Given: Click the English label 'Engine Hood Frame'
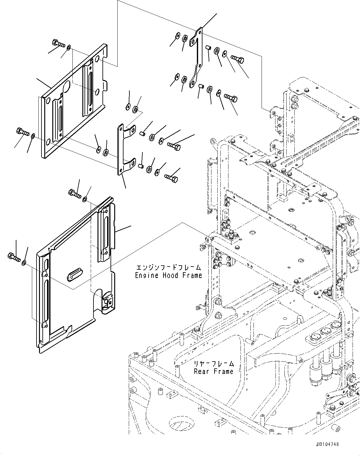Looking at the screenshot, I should pyautogui.click(x=168, y=275).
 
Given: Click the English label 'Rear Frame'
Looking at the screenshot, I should pyautogui.click(x=213, y=371).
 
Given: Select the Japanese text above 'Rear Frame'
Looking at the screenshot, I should pyautogui.click(x=213, y=364).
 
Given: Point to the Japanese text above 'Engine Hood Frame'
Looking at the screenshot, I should pyautogui.click(x=168, y=267).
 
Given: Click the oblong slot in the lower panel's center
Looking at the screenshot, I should pyautogui.click(x=74, y=274).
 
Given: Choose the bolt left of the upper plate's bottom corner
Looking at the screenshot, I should pyautogui.click(x=22, y=132).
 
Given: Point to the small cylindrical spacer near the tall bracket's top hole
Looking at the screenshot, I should pyautogui.click(x=208, y=48).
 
